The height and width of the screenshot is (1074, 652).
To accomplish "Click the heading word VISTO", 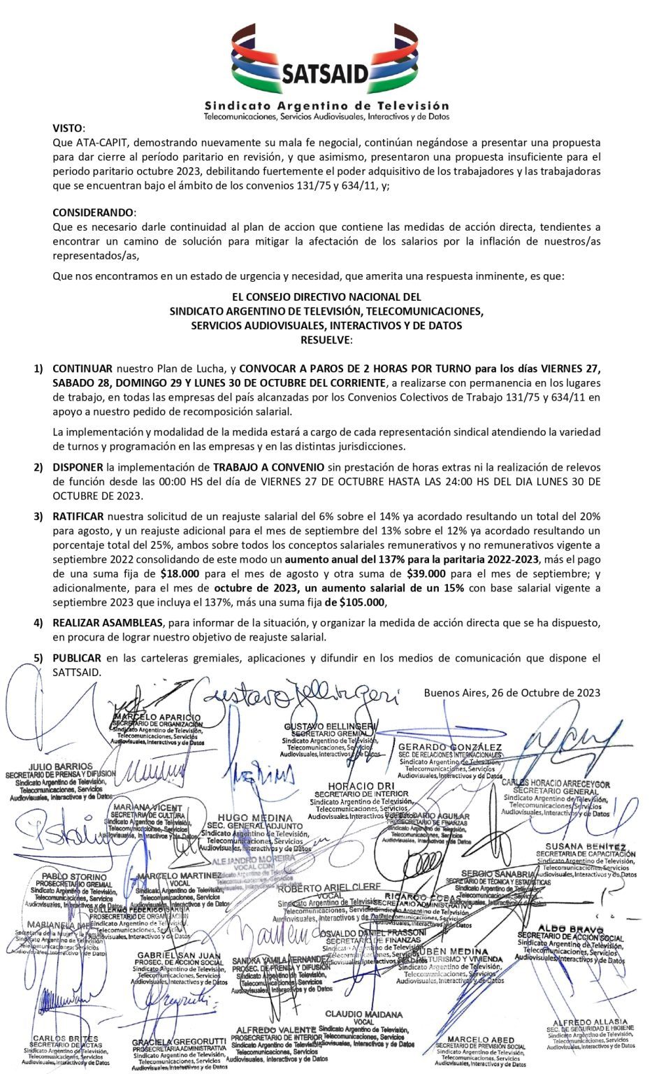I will pyautogui.click(x=68, y=128).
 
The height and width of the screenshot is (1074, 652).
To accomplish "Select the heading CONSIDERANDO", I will pyautogui.click(x=92, y=212).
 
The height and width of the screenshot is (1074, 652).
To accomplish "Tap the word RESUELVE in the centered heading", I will pyautogui.click(x=326, y=340).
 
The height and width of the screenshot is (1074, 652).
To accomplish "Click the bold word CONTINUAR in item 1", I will pyautogui.click(x=82, y=368).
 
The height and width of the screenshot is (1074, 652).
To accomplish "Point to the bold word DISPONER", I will pyautogui.click(x=78, y=467).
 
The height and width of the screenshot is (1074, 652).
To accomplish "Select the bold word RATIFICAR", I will pyautogui.click(x=78, y=517).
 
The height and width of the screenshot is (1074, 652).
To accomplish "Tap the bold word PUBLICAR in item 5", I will pyautogui.click(x=76, y=658).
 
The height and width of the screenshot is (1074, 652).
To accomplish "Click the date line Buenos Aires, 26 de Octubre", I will pyautogui.click(x=512, y=693).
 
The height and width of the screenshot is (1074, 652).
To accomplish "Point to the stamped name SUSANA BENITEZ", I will pyautogui.click(x=586, y=847).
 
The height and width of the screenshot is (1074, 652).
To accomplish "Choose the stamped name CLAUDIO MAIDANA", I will pyautogui.click(x=363, y=1014).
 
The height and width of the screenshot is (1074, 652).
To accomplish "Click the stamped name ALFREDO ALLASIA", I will pyautogui.click(x=590, y=1022).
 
